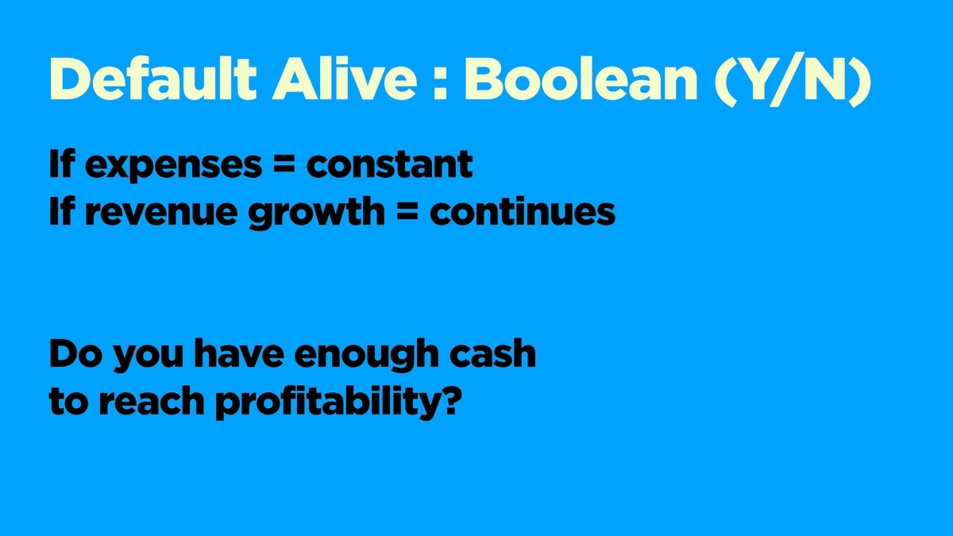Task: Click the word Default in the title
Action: (153, 79)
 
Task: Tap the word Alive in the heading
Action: (345, 79)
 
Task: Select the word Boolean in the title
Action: (581, 79)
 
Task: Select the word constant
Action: (389, 164)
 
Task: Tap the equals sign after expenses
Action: (284, 164)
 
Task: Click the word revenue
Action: (160, 212)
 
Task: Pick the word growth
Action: (317, 213)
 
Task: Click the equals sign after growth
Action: (407, 212)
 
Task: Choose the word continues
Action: (523, 211)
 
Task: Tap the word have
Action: (239, 353)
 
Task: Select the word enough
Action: (366, 356)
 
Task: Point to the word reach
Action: (152, 400)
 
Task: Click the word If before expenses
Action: (62, 164)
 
